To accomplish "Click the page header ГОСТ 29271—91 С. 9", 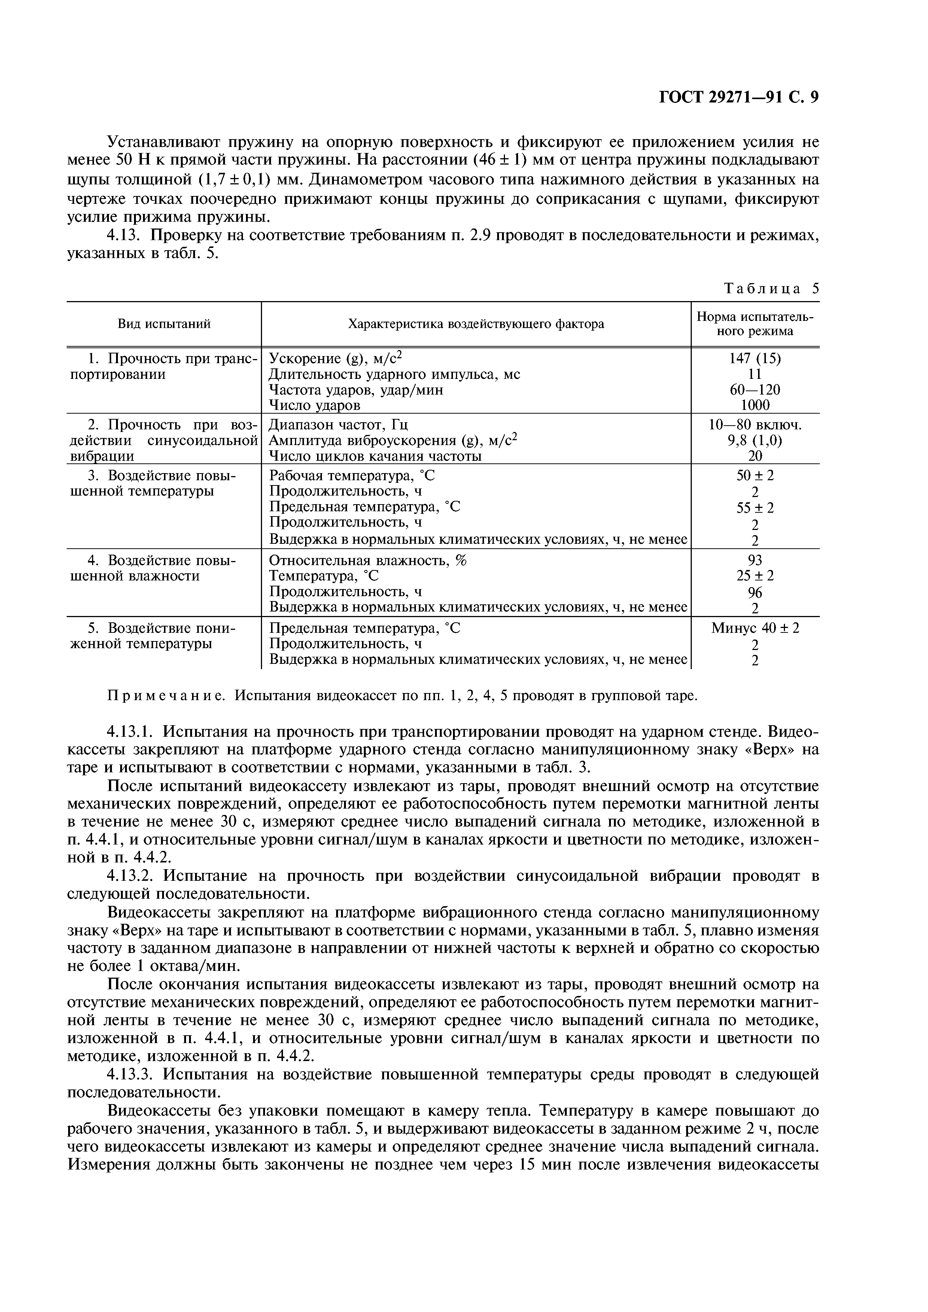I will coord(739,98).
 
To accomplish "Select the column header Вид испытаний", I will coord(164,324).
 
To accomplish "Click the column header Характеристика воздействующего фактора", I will coord(476,324).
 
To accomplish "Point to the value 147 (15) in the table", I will coord(755,358).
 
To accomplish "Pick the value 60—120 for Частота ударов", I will coord(755,390).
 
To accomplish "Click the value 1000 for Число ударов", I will coord(755,405).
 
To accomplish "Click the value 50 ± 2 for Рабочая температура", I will coord(755,475).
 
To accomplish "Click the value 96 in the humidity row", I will coord(755,592).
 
